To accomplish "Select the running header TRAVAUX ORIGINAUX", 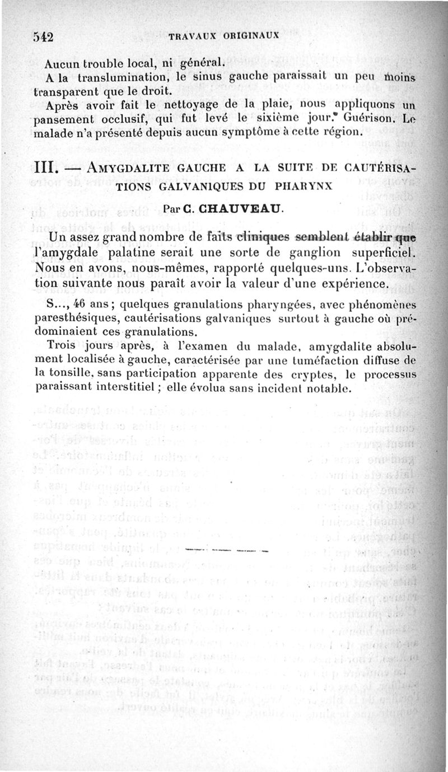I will click(223, 34).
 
